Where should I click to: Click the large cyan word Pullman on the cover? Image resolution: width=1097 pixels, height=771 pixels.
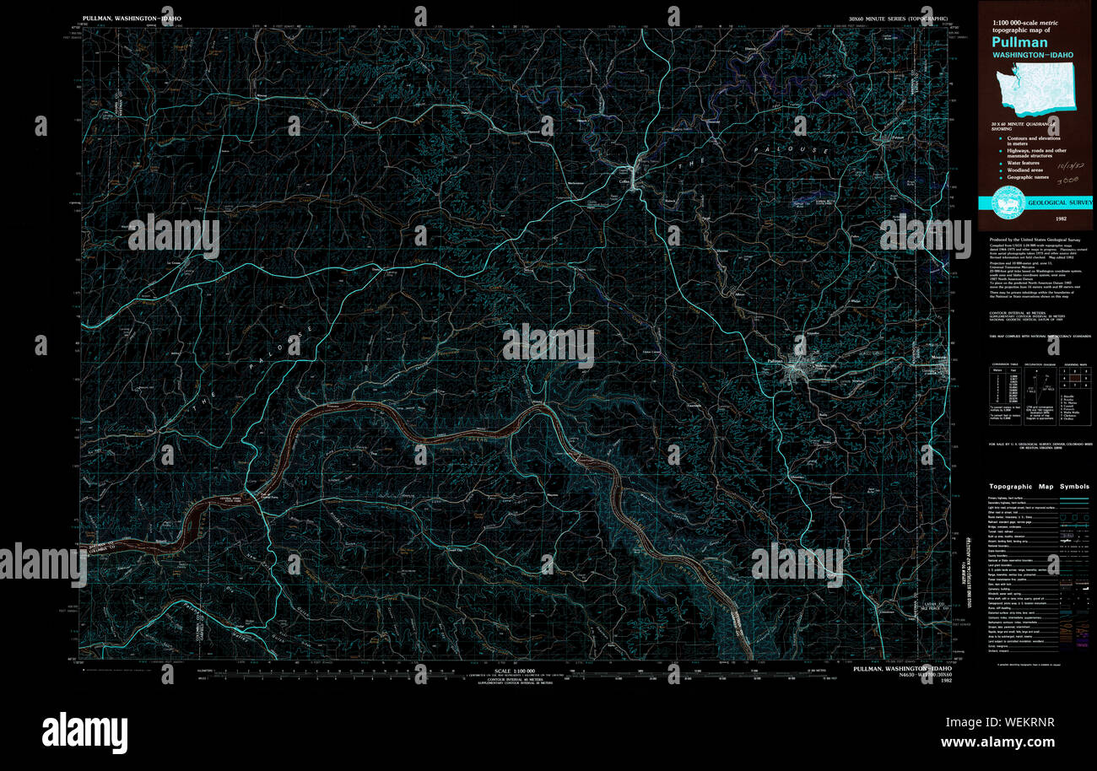1019,42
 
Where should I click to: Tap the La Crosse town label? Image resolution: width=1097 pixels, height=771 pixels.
175,262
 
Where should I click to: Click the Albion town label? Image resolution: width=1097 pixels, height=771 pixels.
740,292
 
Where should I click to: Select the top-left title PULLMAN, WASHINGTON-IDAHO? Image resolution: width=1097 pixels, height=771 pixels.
132,17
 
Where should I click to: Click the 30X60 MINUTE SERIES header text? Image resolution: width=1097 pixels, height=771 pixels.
898,17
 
